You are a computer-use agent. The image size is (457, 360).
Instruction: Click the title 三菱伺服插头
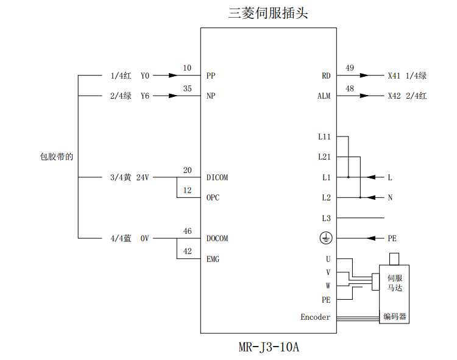coord(268,12)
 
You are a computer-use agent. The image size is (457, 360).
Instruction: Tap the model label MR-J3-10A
coord(268,348)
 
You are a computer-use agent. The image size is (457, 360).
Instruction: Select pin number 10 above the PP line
coord(187,68)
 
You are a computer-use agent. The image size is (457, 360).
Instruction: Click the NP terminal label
coord(211,96)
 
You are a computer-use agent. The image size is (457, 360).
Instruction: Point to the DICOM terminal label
coord(218,178)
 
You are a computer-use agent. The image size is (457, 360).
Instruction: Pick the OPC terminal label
coord(213,198)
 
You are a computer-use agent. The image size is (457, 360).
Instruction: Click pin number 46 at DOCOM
coord(187,231)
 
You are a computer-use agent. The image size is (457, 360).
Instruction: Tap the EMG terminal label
coord(213,259)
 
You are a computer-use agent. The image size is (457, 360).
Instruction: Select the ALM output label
coord(324,96)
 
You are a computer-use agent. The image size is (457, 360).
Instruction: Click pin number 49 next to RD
coord(349,68)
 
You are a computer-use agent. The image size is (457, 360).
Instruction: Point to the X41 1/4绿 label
coord(407,76)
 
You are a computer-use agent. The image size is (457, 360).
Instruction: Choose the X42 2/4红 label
coord(407,96)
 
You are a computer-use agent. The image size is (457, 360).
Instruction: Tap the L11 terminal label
coord(324,137)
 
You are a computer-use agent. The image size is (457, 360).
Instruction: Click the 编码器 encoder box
coord(394,317)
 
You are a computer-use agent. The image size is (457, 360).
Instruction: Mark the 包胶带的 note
coord(57,157)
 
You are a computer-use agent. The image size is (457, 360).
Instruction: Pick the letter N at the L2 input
coord(390,198)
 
